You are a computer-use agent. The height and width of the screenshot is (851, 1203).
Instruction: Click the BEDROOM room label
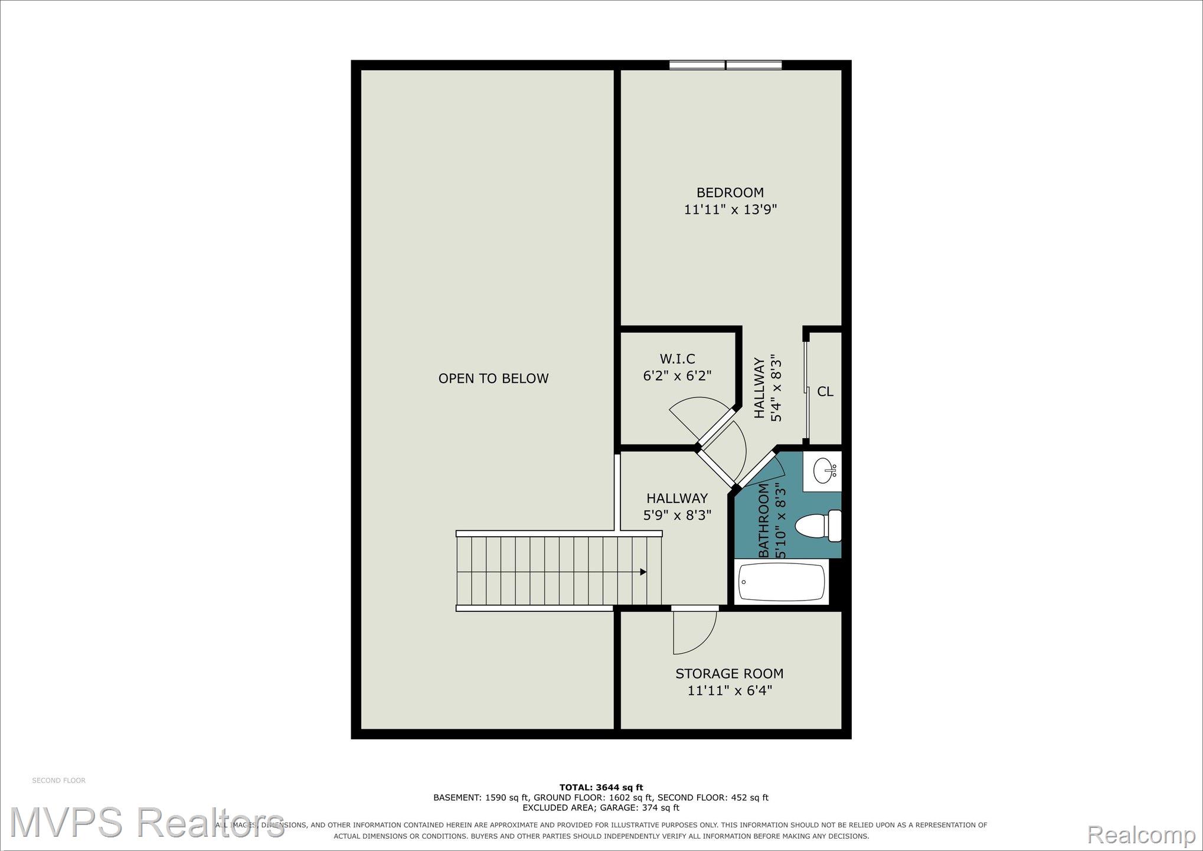click(730, 193)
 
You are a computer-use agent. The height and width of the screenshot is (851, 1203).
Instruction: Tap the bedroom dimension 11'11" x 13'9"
click(730, 210)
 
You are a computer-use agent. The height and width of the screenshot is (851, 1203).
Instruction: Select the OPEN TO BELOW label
click(493, 379)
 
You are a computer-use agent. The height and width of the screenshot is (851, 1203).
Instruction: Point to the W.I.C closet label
click(677, 359)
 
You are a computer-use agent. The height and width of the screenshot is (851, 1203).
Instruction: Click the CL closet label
click(825, 392)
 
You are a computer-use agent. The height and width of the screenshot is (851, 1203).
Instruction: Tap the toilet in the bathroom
click(818, 526)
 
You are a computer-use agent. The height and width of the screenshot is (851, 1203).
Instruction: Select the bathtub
click(782, 581)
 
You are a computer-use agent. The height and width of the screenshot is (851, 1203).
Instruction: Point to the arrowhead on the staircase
click(643, 572)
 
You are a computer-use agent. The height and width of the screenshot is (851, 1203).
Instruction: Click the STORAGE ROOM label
click(730, 674)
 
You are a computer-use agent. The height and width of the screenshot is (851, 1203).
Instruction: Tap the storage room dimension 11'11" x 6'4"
click(730, 690)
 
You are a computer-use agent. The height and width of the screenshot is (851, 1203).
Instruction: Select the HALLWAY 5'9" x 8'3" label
click(677, 507)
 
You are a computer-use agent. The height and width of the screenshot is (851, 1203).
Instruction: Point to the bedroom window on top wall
click(725, 65)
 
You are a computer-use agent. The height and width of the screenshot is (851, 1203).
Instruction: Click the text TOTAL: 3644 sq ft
click(601, 787)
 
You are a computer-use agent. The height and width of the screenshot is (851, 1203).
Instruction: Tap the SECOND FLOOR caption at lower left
click(58, 781)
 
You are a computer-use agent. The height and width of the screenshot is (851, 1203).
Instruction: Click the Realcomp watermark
click(1141, 834)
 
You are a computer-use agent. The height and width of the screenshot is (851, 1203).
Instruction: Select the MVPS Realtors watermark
click(147, 823)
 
